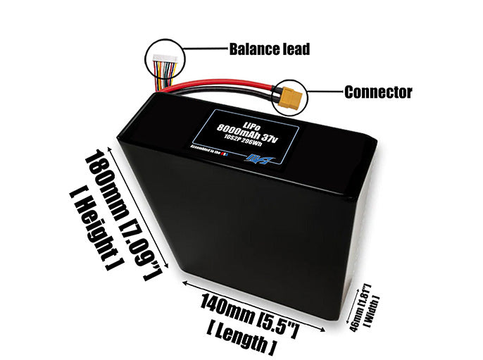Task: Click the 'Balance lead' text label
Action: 270,49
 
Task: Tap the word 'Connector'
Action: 378,92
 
